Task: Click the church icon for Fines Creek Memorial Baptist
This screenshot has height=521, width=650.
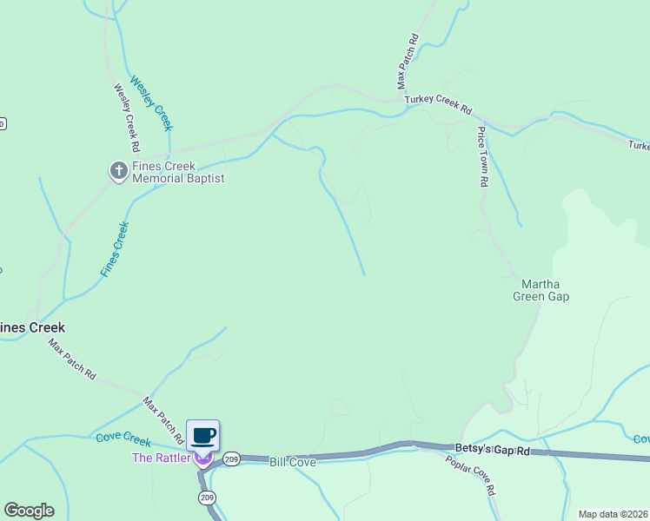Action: click(x=118, y=171)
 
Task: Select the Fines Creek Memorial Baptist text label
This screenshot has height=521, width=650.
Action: click(x=178, y=172)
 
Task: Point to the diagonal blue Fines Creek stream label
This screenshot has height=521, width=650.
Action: click(x=115, y=249)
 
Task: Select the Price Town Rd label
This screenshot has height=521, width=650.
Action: click(x=483, y=157)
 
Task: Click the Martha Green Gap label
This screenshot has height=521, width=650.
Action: click(x=545, y=290)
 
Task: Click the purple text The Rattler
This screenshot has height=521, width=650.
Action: click(x=160, y=458)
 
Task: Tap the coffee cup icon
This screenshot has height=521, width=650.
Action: click(x=202, y=435)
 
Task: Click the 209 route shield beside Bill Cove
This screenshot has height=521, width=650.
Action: click(x=230, y=459)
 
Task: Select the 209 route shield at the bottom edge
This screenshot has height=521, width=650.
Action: click(x=207, y=498)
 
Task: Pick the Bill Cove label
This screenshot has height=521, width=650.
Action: click(x=292, y=462)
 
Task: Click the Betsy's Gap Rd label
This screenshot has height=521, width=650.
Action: click(x=492, y=450)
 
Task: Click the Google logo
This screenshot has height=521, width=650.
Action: click(x=29, y=511)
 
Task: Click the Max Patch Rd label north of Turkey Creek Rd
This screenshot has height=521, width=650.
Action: click(x=408, y=61)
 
